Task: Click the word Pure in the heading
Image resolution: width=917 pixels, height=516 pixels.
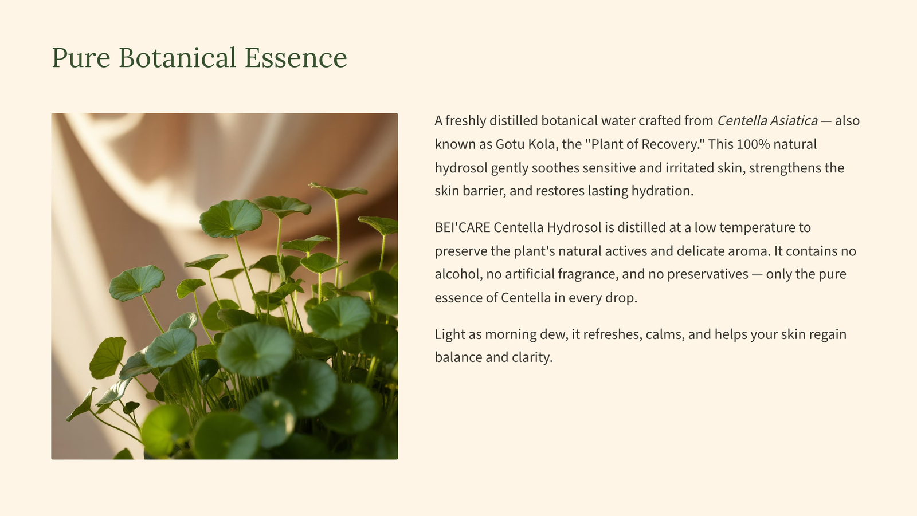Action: (81, 58)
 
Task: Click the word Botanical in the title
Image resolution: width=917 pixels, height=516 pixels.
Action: (178, 57)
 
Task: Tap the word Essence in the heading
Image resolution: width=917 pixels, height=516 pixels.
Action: (296, 58)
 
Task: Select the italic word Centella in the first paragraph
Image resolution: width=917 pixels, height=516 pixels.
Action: (742, 121)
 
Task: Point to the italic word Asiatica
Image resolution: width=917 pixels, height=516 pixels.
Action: (794, 121)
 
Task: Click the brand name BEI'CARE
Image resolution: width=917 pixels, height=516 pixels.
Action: (463, 227)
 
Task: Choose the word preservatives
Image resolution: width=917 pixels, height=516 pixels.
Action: (708, 274)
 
